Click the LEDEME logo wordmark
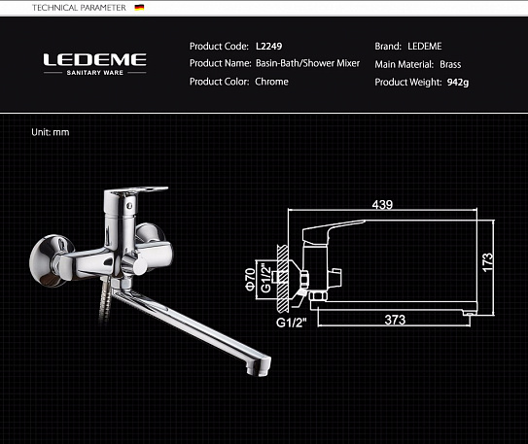tap(94, 59)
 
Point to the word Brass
tap(450, 64)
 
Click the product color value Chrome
tap(271, 82)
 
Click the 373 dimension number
tap(395, 320)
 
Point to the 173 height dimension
tap(488, 261)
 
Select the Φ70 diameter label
tap(250, 279)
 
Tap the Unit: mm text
tap(51, 131)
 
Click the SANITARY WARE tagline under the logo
tap(94, 74)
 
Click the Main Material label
tap(404, 64)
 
